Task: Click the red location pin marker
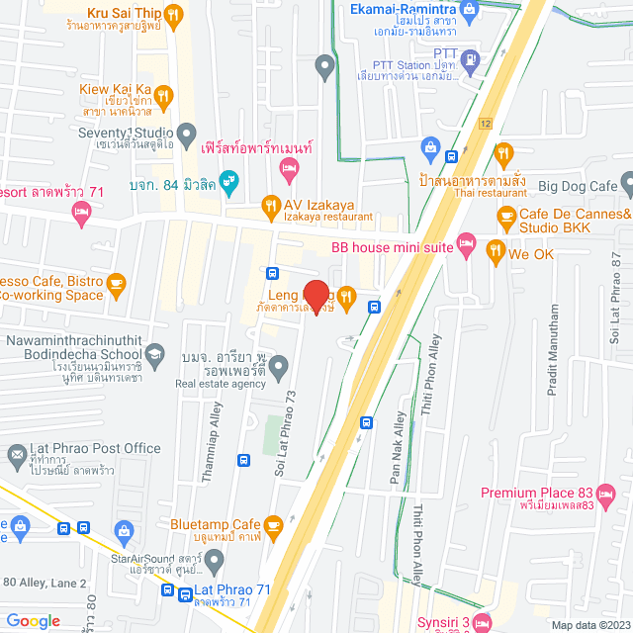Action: pyautogui.click(x=316, y=294)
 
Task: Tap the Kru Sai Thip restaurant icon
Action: pyautogui.click(x=173, y=15)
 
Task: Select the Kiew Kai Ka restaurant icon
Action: pyautogui.click(x=164, y=95)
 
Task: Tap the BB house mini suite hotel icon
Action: pyautogui.click(x=467, y=243)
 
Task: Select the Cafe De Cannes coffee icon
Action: pyautogui.click(x=506, y=215)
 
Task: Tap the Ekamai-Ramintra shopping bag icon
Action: pyautogui.click(x=469, y=9)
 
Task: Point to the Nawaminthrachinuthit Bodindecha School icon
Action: pyautogui.click(x=154, y=353)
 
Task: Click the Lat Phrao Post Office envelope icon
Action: pyautogui.click(x=16, y=455)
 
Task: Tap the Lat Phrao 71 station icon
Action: pyautogui.click(x=186, y=593)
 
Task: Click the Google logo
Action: pyautogui.click(x=34, y=620)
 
